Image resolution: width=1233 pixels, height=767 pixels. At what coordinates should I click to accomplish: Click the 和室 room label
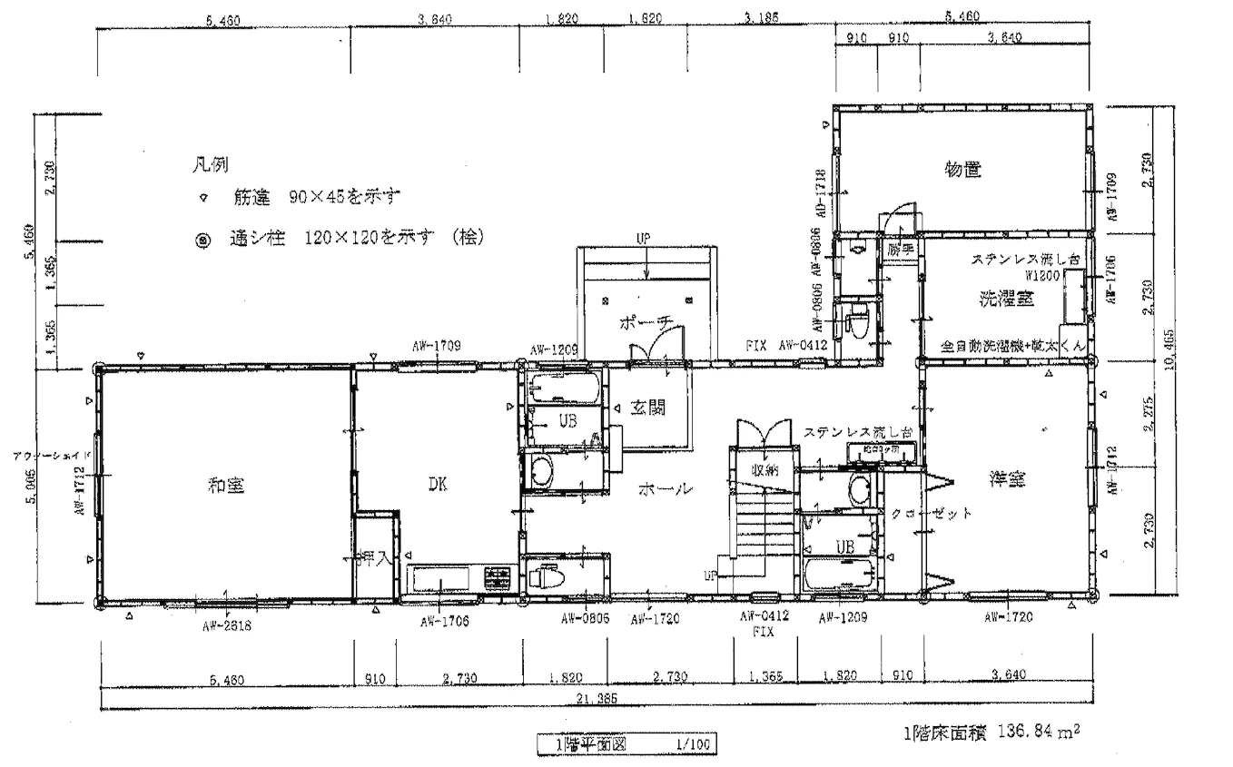click(x=224, y=486)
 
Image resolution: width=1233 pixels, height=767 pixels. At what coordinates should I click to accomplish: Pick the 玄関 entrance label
click(x=650, y=408)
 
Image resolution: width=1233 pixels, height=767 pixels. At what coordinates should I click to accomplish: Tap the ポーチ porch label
click(x=646, y=322)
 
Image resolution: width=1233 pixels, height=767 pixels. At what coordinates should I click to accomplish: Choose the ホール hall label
click(x=667, y=488)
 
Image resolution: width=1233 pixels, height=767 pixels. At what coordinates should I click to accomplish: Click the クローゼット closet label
click(x=932, y=513)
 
